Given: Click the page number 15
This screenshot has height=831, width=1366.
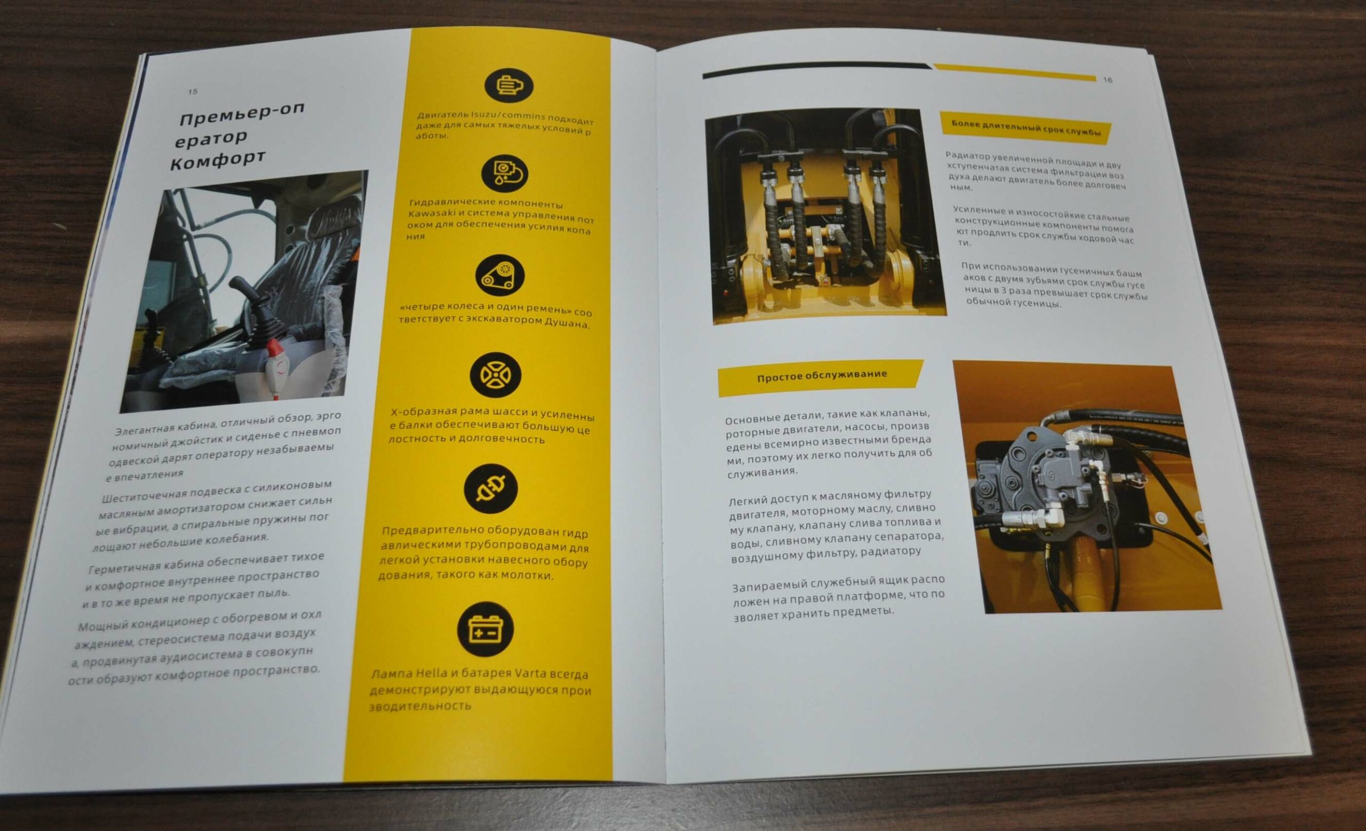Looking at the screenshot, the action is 193,91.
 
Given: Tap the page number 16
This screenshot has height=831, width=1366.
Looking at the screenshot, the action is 1108,80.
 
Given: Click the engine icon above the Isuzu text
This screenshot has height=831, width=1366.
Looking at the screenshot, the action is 509,85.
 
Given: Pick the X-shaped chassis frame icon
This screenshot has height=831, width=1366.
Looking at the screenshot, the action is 496,375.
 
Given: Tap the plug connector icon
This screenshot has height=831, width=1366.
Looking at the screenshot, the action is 490,488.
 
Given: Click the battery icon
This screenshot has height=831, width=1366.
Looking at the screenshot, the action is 486,629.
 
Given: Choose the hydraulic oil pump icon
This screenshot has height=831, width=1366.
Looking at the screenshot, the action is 504,174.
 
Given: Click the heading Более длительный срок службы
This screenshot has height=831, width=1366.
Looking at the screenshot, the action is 1026,128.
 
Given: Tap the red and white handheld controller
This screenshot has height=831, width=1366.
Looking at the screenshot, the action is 276,368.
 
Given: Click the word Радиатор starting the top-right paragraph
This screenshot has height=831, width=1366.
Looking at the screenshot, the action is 967,156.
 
